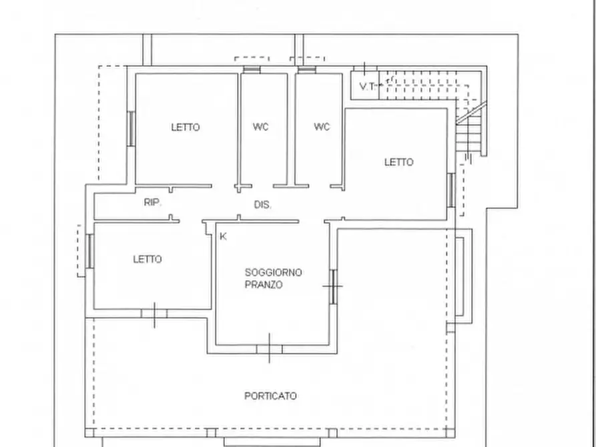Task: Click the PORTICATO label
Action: pyautogui.click(x=270, y=396)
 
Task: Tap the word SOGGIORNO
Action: pyautogui.click(x=273, y=272)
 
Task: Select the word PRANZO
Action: pyautogui.click(x=264, y=285)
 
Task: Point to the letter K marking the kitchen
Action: pyautogui.click(x=223, y=236)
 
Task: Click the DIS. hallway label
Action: pyautogui.click(x=263, y=205)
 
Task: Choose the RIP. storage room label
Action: pyautogui.click(x=152, y=203)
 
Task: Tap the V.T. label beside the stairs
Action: pyautogui.click(x=367, y=86)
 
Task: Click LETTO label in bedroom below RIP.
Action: pyautogui.click(x=147, y=260)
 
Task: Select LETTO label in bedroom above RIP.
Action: pyautogui.click(x=186, y=127)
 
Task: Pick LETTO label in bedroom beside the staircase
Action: pyautogui.click(x=398, y=162)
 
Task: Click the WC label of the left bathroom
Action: pyautogui.click(x=261, y=127)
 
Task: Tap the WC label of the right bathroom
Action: pyautogui.click(x=322, y=127)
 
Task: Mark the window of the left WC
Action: pyautogui.click(x=252, y=69)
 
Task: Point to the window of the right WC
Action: pyautogui.click(x=307, y=69)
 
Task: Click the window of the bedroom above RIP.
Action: pyautogui.click(x=131, y=129)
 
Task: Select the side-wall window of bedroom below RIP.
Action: pyautogui.click(x=90, y=252)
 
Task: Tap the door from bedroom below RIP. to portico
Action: pyautogui.click(x=154, y=314)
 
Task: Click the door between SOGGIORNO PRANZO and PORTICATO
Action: pyautogui.click(x=270, y=350)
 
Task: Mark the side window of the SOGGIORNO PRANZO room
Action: pyautogui.click(x=333, y=287)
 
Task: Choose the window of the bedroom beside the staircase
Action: pyautogui.click(x=451, y=190)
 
